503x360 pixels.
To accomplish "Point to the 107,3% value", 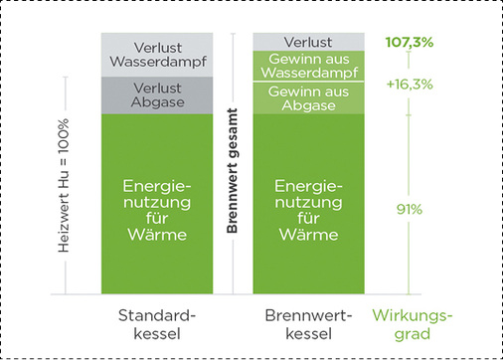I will click(x=408, y=43).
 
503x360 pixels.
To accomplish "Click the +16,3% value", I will click(x=408, y=86).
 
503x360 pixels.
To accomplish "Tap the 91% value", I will click(x=408, y=210).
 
